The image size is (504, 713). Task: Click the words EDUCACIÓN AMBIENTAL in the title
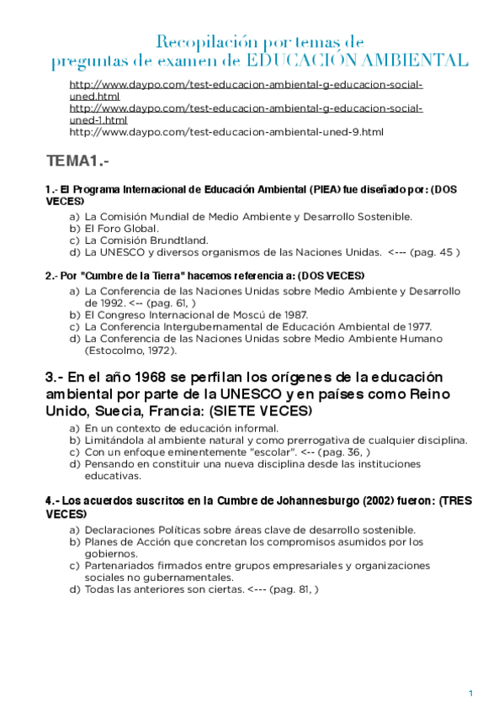click(x=358, y=60)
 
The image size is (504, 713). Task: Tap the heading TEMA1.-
click(x=78, y=161)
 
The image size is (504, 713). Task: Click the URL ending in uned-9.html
click(x=226, y=132)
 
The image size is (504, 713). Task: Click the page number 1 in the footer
click(x=471, y=693)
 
